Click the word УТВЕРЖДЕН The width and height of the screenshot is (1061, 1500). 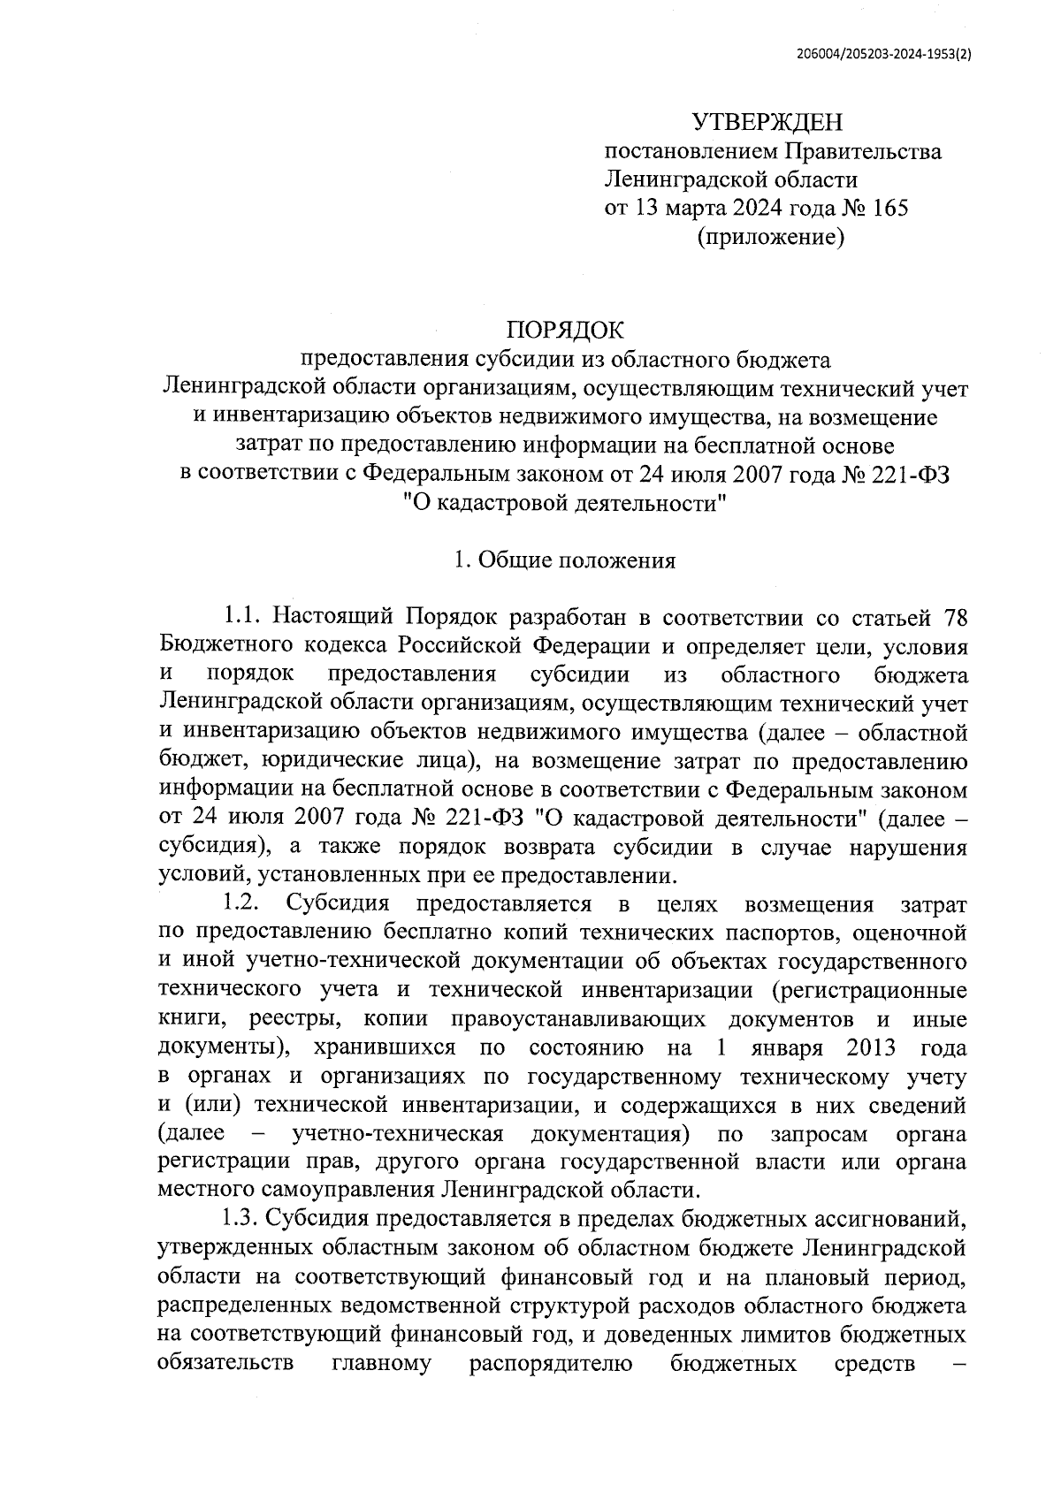click(767, 122)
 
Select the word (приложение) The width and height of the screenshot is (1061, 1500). click(770, 237)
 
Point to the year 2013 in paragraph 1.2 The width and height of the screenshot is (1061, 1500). click(872, 1048)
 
